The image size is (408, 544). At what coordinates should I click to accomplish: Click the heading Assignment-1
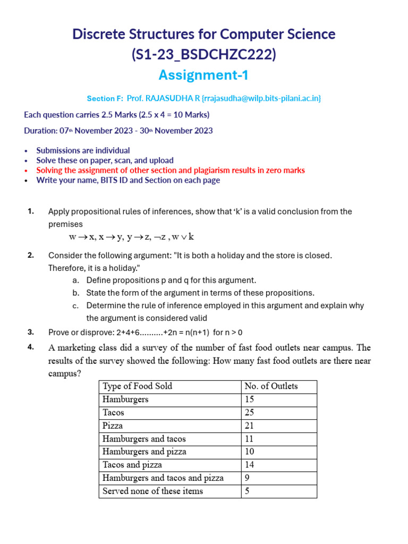pos(204,75)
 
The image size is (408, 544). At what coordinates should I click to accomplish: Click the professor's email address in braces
pos(261,98)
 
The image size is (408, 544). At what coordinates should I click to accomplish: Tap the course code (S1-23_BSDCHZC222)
pos(204,54)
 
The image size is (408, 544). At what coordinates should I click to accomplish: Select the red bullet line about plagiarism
pos(170,171)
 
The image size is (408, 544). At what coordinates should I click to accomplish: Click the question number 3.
pos(31,332)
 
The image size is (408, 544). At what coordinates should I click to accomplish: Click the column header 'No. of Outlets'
pos(271,386)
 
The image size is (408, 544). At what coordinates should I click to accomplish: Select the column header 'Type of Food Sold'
pos(137,386)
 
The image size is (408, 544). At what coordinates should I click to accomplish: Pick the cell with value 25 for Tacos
pos(250,412)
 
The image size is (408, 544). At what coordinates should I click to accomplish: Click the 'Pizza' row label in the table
pos(113,426)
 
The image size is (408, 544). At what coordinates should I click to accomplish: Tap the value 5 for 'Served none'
pos(248,491)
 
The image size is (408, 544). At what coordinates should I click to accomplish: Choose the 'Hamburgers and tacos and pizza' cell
pos(163,478)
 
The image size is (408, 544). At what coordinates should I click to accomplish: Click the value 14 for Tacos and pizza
pos(250,465)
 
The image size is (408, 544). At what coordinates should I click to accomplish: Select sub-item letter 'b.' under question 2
pos(76,293)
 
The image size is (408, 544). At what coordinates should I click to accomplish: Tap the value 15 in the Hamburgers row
pos(250,399)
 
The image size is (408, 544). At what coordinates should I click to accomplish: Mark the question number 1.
pos(31,211)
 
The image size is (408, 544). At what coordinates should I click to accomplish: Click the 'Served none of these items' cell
pos(152,491)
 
